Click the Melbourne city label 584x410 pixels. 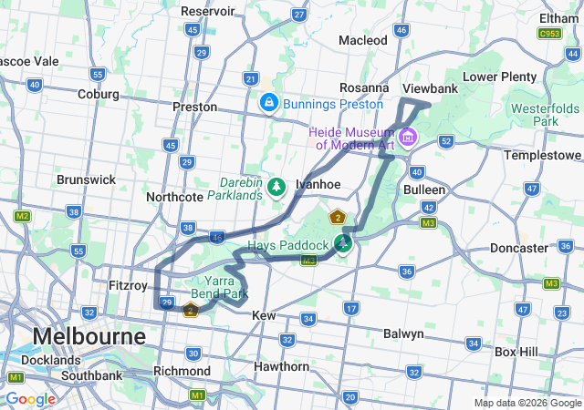[89, 336]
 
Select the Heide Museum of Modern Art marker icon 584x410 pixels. [407, 138]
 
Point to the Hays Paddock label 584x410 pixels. [287, 246]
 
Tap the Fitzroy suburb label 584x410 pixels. [128, 285]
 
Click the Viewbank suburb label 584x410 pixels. [430, 89]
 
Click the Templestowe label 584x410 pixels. [543, 155]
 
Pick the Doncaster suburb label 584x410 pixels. [518, 248]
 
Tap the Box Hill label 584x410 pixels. [517, 351]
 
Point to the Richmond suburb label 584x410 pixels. [182, 371]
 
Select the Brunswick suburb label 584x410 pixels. [86, 179]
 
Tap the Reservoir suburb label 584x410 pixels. [208, 11]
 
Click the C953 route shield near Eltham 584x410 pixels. [549, 34]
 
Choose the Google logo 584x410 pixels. [30, 399]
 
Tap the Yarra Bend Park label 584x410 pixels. [213, 288]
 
